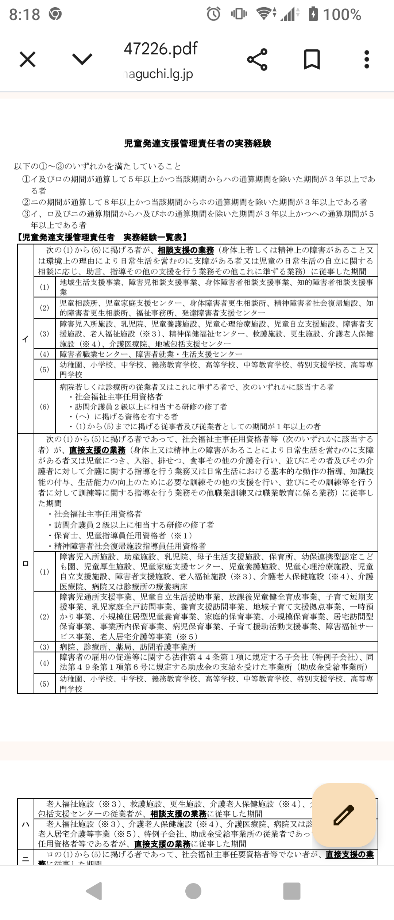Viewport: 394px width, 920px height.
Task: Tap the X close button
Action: coord(27,60)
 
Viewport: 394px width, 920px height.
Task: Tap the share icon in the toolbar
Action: coord(257,60)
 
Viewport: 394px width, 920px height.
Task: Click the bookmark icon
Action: coord(312,60)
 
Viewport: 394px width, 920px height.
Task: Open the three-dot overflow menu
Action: coord(367,60)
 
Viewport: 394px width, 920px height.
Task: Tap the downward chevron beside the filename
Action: coord(82,60)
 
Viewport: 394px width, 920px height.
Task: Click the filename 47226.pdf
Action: coord(161,49)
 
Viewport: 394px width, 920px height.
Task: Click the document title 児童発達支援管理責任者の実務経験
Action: coord(197,143)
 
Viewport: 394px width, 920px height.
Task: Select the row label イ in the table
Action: coord(26,339)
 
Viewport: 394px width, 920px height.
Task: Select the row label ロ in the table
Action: coord(26,564)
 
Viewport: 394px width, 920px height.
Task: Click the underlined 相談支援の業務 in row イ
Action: coord(186,250)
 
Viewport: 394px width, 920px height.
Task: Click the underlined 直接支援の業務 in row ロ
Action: coord(97,450)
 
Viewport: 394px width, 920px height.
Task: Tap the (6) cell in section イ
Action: coord(45,407)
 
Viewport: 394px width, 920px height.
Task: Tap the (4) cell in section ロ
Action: coord(45,663)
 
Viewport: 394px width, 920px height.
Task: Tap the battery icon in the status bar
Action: coord(313,14)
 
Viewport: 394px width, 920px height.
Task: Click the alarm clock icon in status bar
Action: coord(214,14)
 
